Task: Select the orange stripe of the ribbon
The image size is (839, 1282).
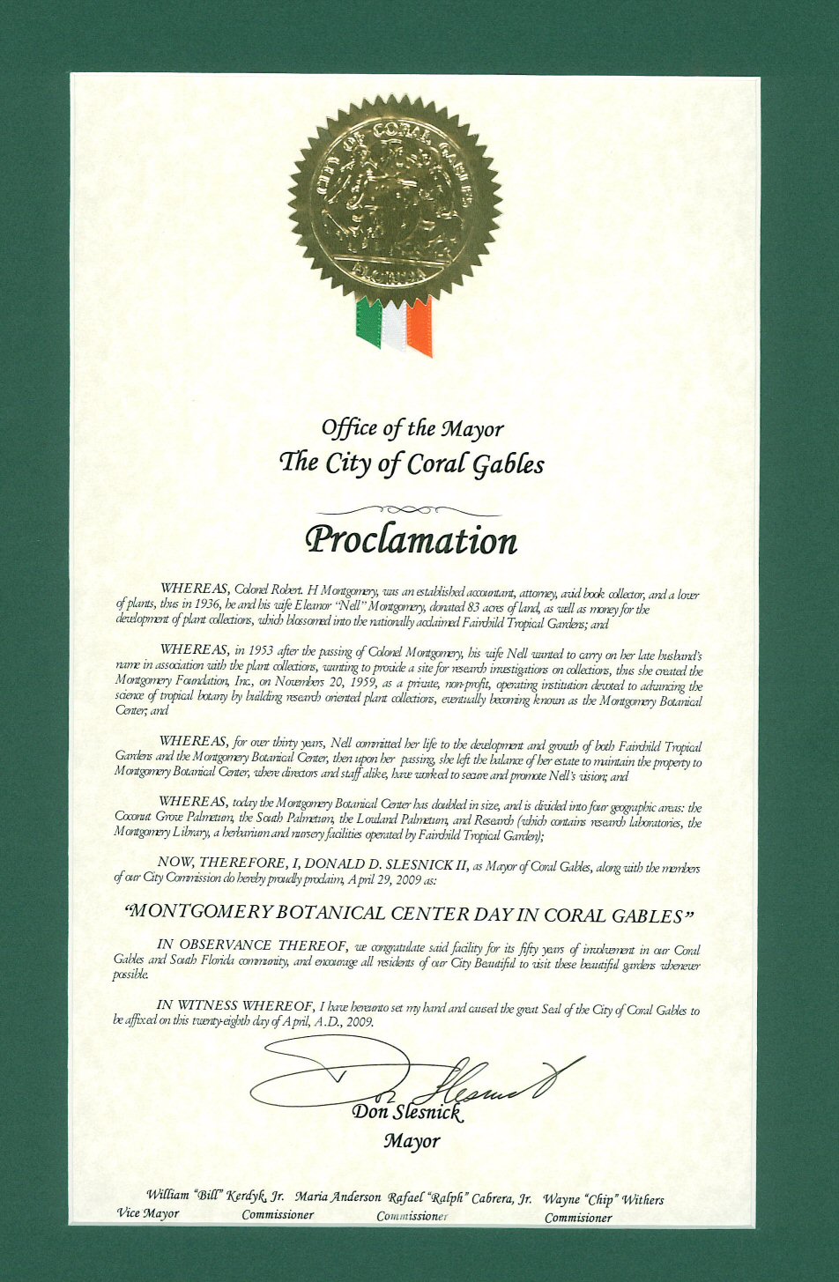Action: pyautogui.click(x=420, y=327)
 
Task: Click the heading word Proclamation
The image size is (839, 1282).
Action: pyautogui.click(x=411, y=540)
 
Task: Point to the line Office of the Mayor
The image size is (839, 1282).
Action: pyautogui.click(x=412, y=429)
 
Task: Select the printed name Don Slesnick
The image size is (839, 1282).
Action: pyautogui.click(x=406, y=1113)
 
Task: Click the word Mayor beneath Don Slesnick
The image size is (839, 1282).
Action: pyautogui.click(x=412, y=1141)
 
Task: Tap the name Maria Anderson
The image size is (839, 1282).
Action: pyautogui.click(x=338, y=1197)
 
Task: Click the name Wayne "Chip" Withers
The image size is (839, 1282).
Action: pyautogui.click(x=603, y=1199)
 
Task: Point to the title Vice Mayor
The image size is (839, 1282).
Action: pyautogui.click(x=148, y=1213)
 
